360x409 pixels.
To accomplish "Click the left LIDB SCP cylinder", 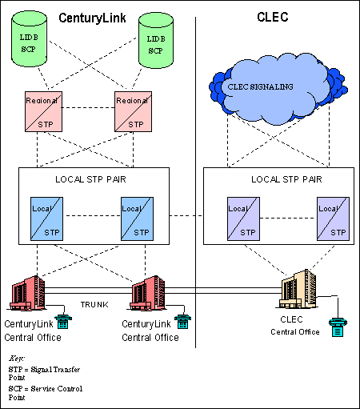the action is (30, 39).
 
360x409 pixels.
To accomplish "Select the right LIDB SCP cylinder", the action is (156, 41).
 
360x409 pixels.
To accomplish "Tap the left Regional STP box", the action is (43, 111).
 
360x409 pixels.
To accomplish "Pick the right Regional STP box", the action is (134, 111).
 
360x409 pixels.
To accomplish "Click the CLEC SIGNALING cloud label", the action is (260, 86).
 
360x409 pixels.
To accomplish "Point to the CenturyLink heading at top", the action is (92, 18).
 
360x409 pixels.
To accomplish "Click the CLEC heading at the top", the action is (273, 17).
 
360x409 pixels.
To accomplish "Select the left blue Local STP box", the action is (46, 219).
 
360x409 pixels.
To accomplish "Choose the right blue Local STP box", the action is (137, 219).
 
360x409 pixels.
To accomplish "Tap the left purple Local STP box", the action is (243, 219).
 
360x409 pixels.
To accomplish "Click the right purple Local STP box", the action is (333, 219).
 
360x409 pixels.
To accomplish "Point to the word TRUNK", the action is (94, 305).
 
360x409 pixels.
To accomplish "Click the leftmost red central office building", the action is (27, 294).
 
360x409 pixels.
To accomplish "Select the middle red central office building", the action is (147, 294).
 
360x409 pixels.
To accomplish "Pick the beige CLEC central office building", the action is (298, 289).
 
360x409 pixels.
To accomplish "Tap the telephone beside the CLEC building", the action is (338, 327).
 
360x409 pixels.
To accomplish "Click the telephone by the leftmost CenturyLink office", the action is (63, 322).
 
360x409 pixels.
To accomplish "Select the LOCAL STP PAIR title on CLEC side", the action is (286, 179).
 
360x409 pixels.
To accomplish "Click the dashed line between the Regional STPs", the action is (88, 108).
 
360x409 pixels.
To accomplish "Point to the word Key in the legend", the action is (17, 359).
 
